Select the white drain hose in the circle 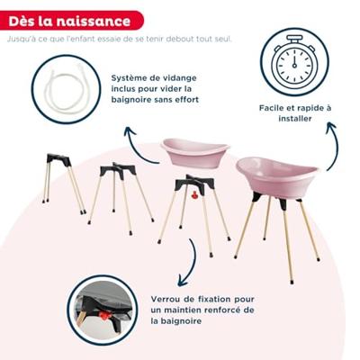tap(67, 89)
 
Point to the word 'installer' tap(295, 119)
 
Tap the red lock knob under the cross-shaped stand tap(195, 195)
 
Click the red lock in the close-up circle tap(103, 315)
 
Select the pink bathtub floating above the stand tap(195, 152)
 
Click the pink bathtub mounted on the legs tap(276, 177)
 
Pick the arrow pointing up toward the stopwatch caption tap(332, 144)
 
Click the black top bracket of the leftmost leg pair tap(58, 160)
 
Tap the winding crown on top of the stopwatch tap(294, 39)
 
